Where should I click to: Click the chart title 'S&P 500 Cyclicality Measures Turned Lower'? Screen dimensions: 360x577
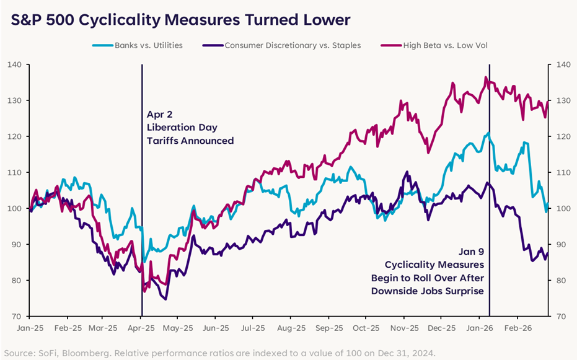180,20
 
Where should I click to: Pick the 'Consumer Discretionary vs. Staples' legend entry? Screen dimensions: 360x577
292,45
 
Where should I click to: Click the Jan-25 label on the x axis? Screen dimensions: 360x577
30,327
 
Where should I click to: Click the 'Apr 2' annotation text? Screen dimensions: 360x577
159,115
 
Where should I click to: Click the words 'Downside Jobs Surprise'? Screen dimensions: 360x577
427,291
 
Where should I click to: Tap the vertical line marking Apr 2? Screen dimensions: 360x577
142,186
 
